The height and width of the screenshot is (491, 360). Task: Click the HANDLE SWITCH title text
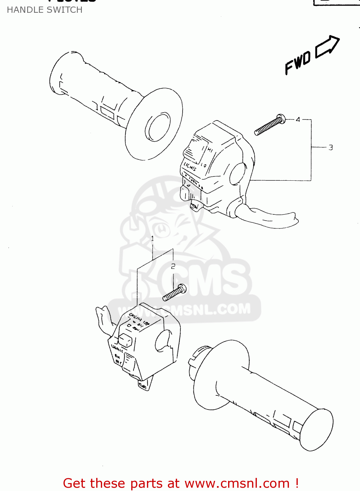(45, 10)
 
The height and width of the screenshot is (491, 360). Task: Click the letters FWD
(297, 63)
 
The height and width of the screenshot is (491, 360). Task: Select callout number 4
(298, 120)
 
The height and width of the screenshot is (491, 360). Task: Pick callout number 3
(331, 148)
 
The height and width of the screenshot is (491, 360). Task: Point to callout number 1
(153, 239)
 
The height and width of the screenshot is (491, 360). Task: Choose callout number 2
(173, 266)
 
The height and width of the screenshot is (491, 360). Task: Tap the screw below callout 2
(175, 292)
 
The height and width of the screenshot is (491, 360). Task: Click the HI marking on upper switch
(210, 150)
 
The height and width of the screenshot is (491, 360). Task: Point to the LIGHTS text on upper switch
(190, 167)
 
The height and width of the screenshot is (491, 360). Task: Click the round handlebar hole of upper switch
(238, 174)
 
